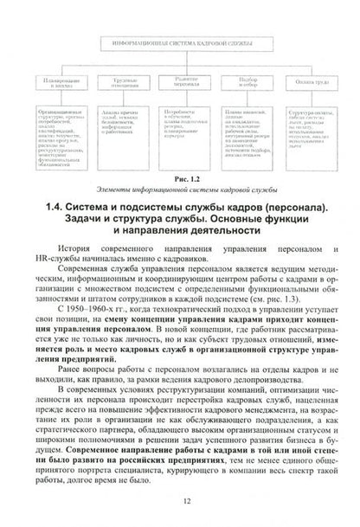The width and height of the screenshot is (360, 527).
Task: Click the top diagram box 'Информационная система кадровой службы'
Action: (x=179, y=41)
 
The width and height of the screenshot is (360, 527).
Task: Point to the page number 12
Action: (x=179, y=503)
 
